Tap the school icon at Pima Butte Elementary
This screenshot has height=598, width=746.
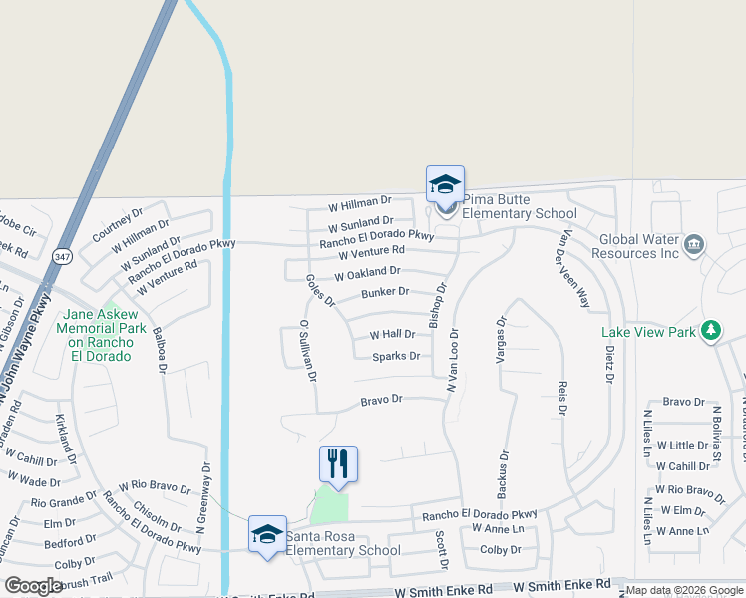[445, 184]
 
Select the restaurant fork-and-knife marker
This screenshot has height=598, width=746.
[338, 463]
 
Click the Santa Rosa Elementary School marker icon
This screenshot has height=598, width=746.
[267, 534]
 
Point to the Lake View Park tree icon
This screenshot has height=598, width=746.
[711, 330]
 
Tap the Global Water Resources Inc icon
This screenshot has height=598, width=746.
[694, 242]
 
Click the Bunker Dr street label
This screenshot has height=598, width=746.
[385, 292]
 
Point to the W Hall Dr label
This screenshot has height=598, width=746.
[392, 335]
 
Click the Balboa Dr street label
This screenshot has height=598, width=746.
[160, 348]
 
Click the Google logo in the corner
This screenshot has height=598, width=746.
[32, 586]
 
